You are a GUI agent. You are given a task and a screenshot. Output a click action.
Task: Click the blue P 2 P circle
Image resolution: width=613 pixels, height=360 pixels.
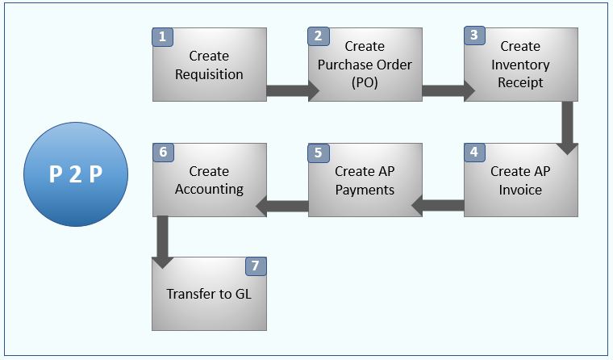point(75,174)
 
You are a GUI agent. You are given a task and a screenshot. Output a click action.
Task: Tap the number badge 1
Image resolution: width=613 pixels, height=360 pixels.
point(162,37)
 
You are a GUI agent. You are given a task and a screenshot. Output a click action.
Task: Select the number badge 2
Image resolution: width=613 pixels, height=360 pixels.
point(318,36)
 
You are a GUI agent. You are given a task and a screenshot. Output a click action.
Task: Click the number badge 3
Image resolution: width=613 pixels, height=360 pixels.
point(473,36)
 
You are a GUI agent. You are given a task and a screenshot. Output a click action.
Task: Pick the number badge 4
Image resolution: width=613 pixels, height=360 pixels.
point(473,152)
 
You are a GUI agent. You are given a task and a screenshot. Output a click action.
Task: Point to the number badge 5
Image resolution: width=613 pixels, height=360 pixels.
point(318,152)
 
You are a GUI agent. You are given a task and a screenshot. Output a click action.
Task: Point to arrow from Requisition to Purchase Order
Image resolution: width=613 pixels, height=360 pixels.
point(291,90)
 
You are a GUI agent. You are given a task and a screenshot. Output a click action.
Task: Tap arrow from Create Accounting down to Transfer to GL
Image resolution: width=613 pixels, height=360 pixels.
point(163,239)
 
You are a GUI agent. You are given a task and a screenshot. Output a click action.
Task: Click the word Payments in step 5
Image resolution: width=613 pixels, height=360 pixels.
point(365,190)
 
